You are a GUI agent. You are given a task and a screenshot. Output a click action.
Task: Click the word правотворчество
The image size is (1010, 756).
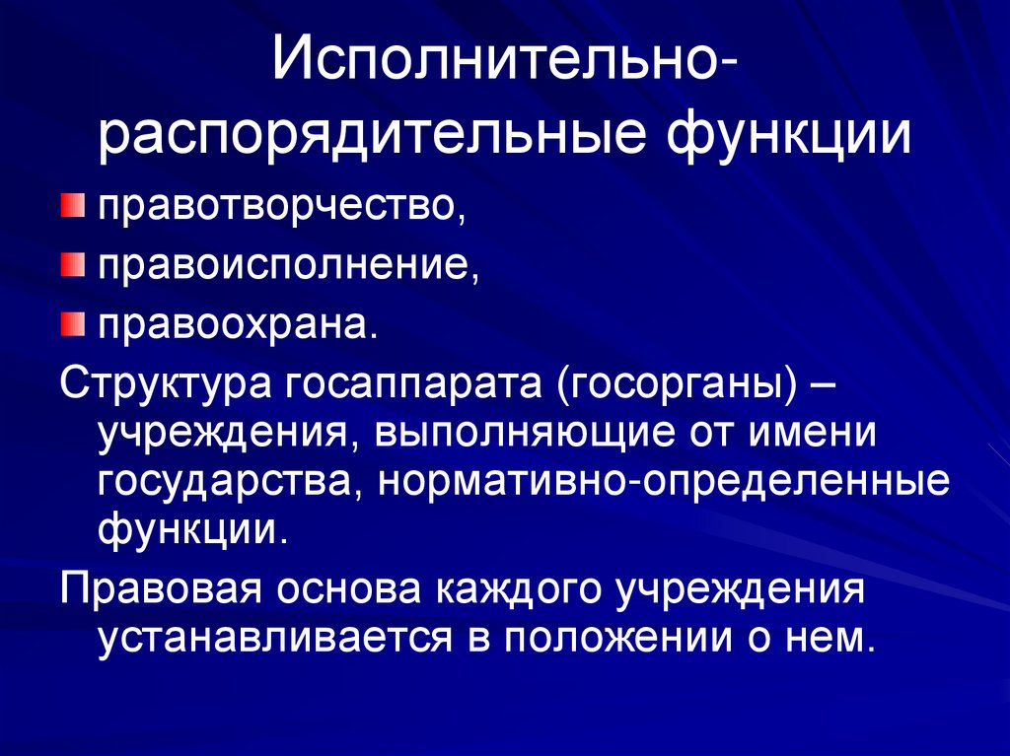pyautogui.click(x=273, y=209)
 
